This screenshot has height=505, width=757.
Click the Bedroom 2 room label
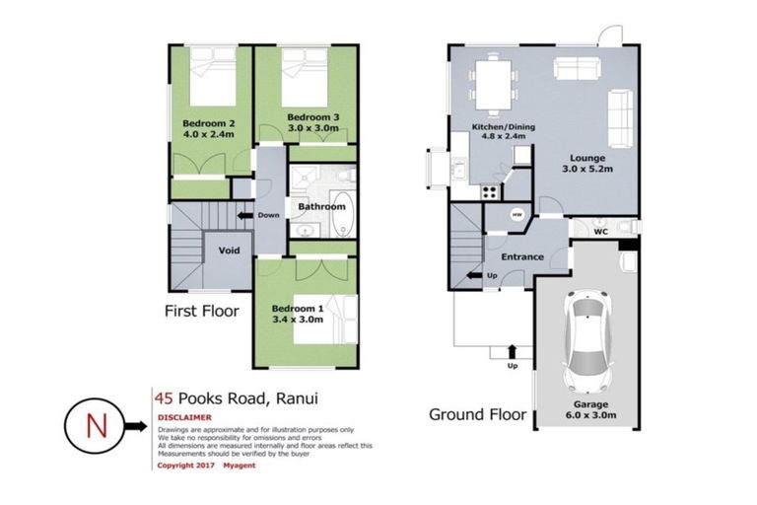coord(206,123)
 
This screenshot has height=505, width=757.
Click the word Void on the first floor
coord(229,251)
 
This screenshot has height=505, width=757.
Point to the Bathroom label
coord(322,207)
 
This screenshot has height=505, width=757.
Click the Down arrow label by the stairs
coord(268,214)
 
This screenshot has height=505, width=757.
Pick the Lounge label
coord(586,158)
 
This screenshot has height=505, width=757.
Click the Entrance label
coord(522,257)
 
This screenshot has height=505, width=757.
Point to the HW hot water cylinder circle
coord(516,214)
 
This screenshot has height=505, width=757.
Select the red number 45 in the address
coord(165,398)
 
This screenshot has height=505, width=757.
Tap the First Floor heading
coord(203,311)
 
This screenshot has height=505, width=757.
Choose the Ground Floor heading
coord(477,414)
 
